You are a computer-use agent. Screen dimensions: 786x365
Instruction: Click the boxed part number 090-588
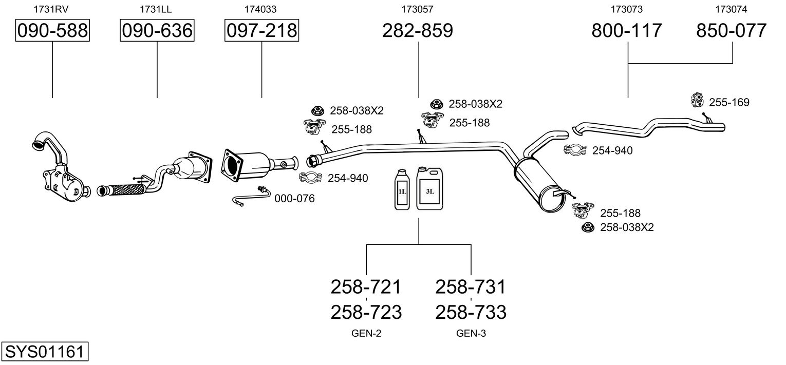tap(52, 30)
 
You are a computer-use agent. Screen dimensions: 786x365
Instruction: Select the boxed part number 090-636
tap(157, 30)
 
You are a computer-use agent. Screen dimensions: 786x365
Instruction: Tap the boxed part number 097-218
tap(262, 30)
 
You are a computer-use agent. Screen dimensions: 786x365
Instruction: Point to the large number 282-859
tap(418, 30)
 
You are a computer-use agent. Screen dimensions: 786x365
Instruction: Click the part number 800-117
tap(627, 30)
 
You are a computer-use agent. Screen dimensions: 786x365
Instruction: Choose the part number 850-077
tap(732, 30)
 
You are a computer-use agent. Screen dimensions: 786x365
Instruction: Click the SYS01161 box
tap(45, 351)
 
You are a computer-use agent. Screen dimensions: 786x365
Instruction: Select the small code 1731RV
tap(51, 9)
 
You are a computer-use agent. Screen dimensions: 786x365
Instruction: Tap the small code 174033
tap(260, 9)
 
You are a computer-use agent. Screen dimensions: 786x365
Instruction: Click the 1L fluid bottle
tap(402, 189)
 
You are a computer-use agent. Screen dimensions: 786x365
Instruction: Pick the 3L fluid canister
tap(430, 188)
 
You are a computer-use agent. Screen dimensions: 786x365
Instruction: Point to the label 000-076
tap(294, 199)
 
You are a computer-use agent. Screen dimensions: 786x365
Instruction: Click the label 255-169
tap(729, 102)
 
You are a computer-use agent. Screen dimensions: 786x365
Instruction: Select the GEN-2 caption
tap(366, 334)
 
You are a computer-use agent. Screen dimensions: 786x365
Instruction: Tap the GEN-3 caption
tap(471, 334)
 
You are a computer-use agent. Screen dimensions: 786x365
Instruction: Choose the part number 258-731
tap(471, 287)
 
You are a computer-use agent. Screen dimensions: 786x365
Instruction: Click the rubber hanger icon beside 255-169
tap(697, 100)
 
